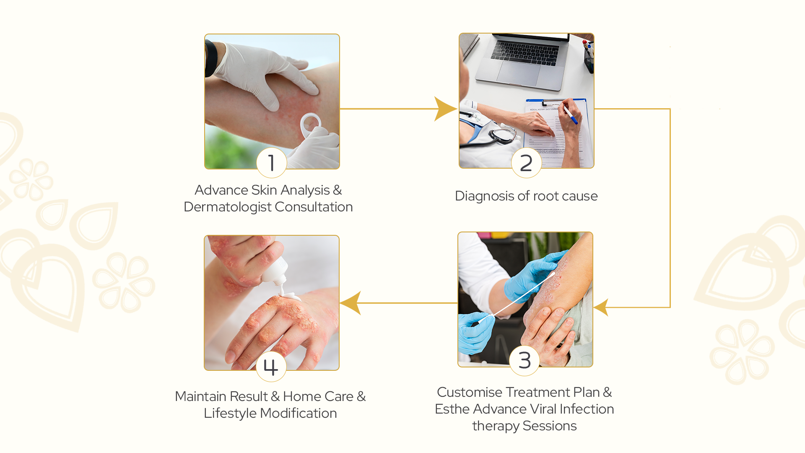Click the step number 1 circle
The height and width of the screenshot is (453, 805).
click(272, 163)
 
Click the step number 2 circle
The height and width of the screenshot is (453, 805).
click(526, 163)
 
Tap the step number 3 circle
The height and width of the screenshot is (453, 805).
click(525, 360)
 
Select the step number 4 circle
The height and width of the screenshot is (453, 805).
click(271, 367)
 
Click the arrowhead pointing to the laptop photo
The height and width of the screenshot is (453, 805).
click(445, 109)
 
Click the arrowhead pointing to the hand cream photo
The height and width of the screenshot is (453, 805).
click(351, 303)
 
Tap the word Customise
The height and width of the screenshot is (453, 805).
click(470, 392)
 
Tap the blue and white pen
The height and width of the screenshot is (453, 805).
click(570, 114)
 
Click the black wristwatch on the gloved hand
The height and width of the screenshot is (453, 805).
click(211, 59)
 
